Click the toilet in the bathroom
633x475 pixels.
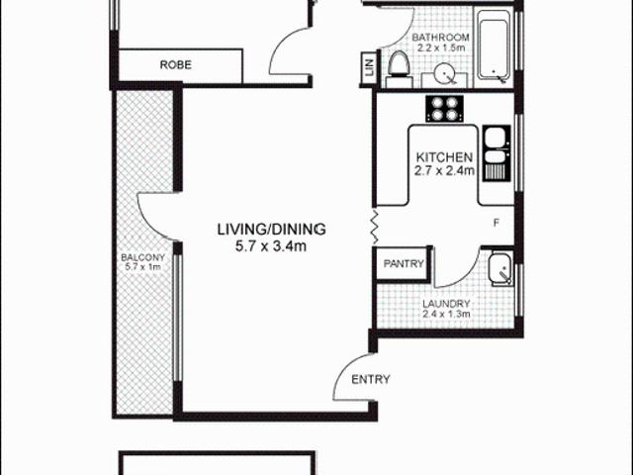pyautogui.click(x=399, y=64)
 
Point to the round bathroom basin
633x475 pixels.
pyautogui.click(x=441, y=73)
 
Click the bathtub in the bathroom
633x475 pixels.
pyautogui.click(x=494, y=47)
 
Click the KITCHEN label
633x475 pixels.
pyautogui.click(x=444, y=157)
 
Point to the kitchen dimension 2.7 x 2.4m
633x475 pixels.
pyautogui.click(x=444, y=171)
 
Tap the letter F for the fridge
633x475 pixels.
pyautogui.click(x=497, y=222)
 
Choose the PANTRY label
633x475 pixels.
pyautogui.click(x=405, y=264)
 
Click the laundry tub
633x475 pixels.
pyautogui.click(x=498, y=266)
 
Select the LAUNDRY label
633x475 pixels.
pyautogui.click(x=445, y=304)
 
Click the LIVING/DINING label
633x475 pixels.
pyautogui.click(x=272, y=230)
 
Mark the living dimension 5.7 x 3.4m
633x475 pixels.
pyautogui.click(x=272, y=245)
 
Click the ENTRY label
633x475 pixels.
pyautogui.click(x=371, y=378)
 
